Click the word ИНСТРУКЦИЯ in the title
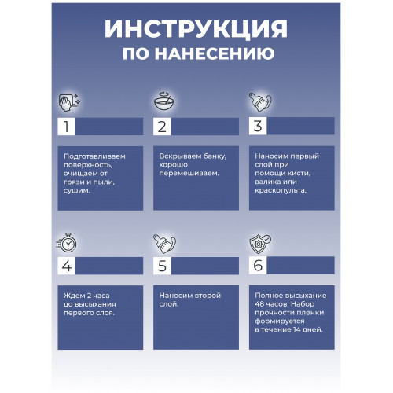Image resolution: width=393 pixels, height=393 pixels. point(196,29)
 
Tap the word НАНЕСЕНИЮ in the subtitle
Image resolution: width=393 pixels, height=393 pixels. point(215,53)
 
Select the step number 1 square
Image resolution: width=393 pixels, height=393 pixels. point(67,127)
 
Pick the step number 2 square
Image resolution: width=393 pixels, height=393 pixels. point(162,127)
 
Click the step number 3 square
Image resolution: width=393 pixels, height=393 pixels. point(258,126)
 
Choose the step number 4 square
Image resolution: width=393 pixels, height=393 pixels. point(67,266)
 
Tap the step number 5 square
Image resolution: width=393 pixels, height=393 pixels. point(162,266)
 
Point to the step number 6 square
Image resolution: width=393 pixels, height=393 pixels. point(258,265)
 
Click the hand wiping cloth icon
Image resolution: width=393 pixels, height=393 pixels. point(69,102)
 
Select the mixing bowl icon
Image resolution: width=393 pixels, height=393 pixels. point(164,101)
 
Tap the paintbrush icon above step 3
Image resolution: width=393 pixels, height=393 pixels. point(260,102)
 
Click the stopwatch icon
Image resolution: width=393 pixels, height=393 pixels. point(67,243)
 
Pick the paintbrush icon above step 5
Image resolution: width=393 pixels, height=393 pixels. point(164,244)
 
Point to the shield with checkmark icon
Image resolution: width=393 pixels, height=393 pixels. point(260,244)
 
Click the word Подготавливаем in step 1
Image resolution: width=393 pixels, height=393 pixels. point(94,156)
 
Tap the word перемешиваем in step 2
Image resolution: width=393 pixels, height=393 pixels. point(189,174)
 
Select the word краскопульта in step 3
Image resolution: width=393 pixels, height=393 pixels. point(281,190)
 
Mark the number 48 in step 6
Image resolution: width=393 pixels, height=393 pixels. point(259,304)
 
